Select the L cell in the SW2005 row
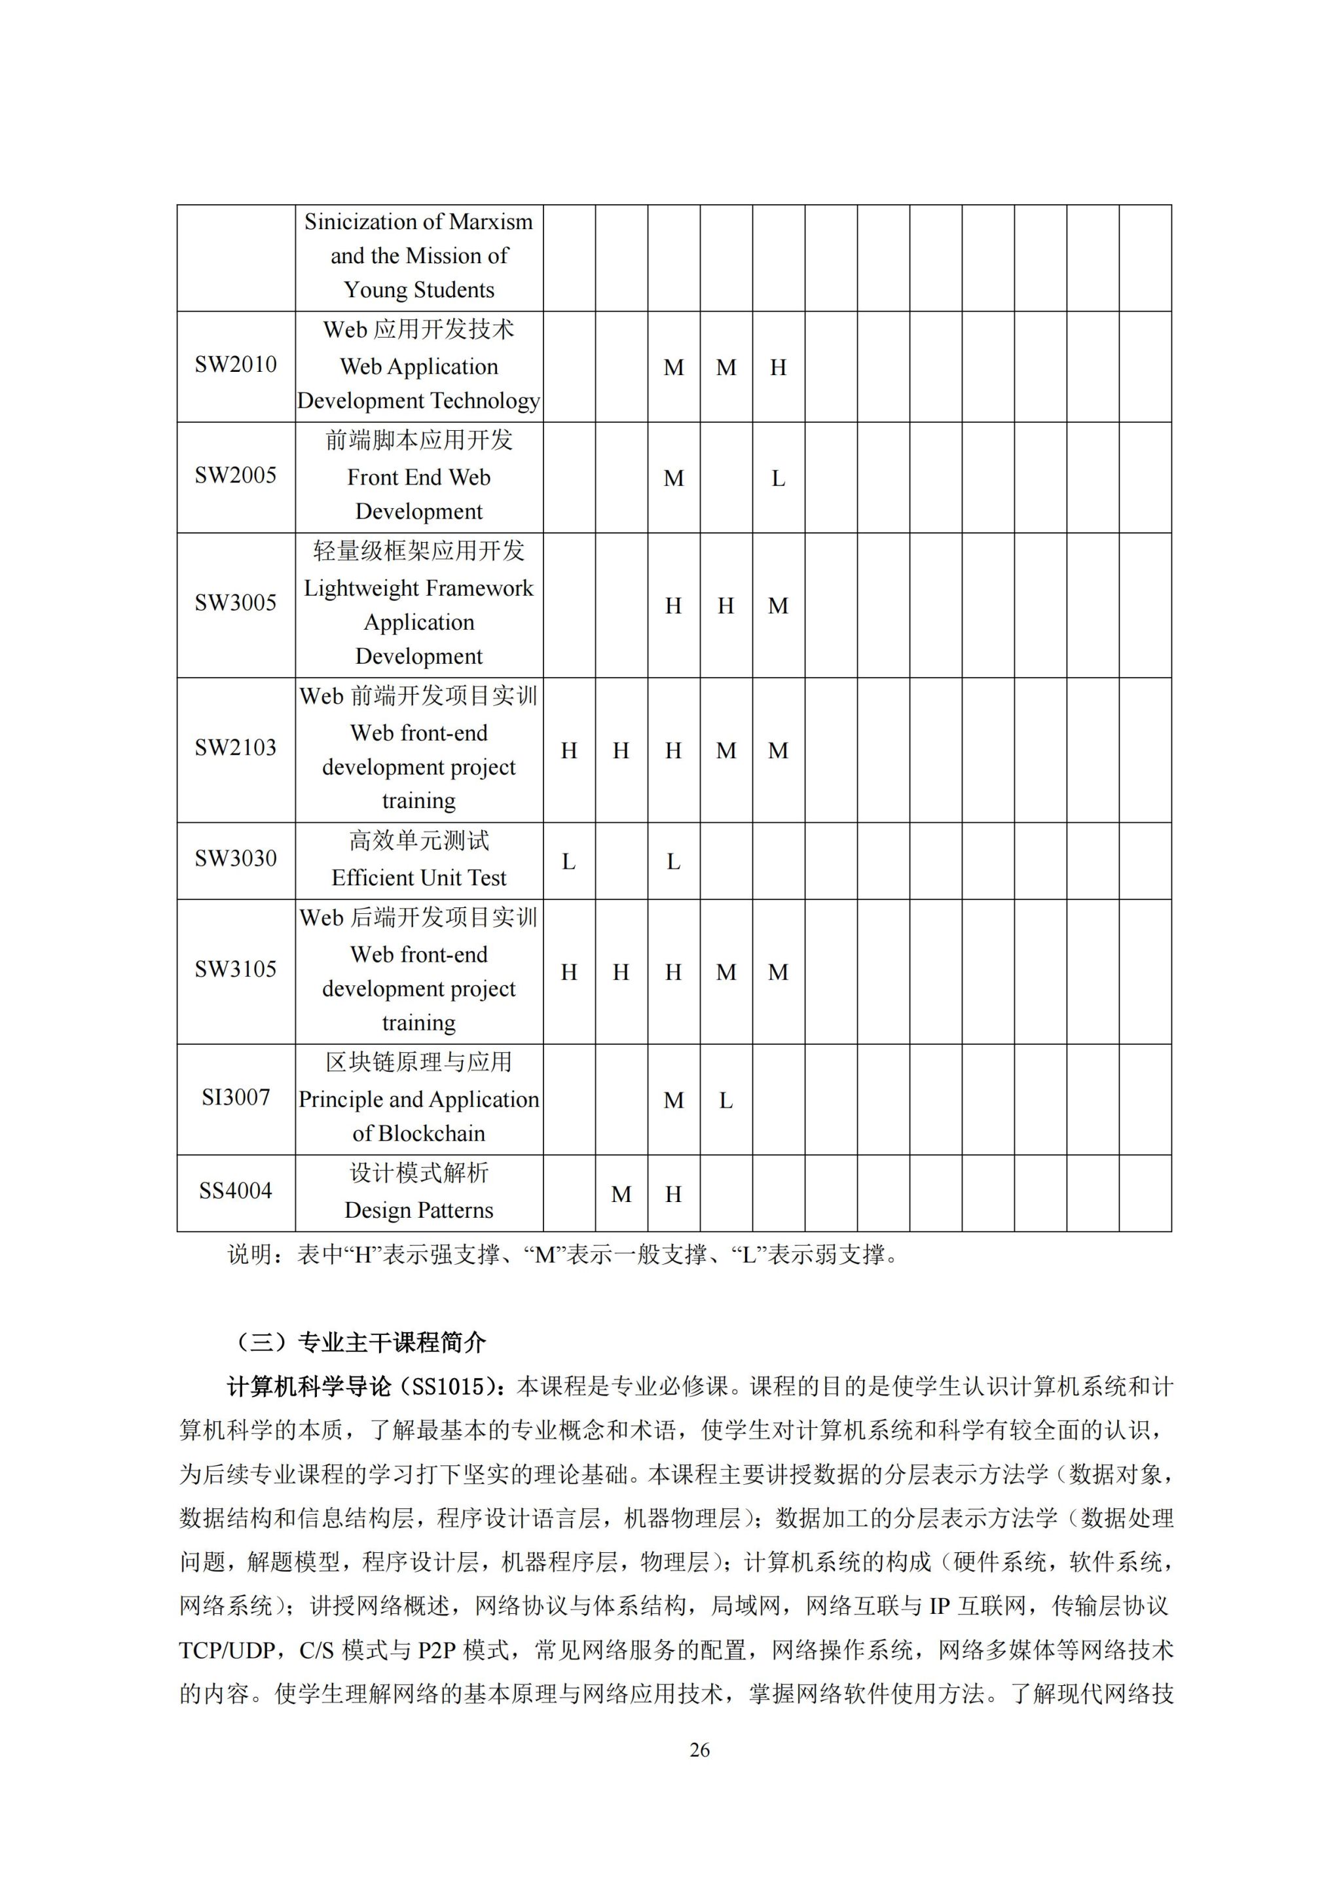[778, 479]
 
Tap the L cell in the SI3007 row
[726, 1101]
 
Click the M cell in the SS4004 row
[621, 1195]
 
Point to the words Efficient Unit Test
[418, 878]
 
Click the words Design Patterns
[418, 1211]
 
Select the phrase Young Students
[418, 290]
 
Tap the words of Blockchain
[418, 1134]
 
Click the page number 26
[699, 1750]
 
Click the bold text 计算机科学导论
[308, 1387]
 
